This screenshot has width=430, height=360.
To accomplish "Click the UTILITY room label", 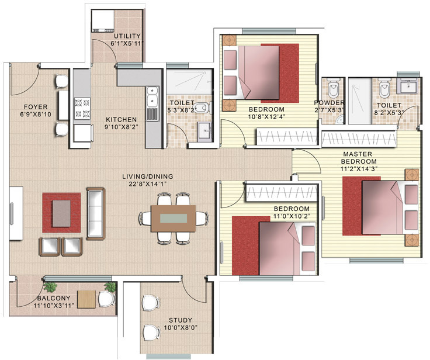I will (127, 36).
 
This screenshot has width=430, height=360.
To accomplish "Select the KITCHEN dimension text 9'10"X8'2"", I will (122, 126).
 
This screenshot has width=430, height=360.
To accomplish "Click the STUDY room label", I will (180, 320).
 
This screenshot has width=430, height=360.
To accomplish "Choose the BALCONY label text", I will (37, 298).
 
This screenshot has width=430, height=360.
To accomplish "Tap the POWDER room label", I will (329, 102).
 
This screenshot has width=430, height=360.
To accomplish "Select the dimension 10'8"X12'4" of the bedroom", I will (266, 117).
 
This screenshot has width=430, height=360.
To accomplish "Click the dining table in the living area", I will (175, 219).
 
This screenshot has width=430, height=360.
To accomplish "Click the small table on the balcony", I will (86, 299).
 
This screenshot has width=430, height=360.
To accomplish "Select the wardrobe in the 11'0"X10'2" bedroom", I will (280, 192).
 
